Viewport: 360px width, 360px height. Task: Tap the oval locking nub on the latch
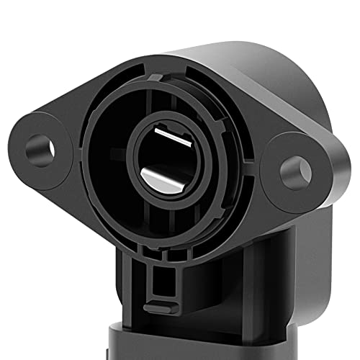[x=161, y=308]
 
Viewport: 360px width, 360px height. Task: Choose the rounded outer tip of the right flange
[x=324, y=173]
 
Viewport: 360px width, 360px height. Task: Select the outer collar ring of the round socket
[x=94, y=187]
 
